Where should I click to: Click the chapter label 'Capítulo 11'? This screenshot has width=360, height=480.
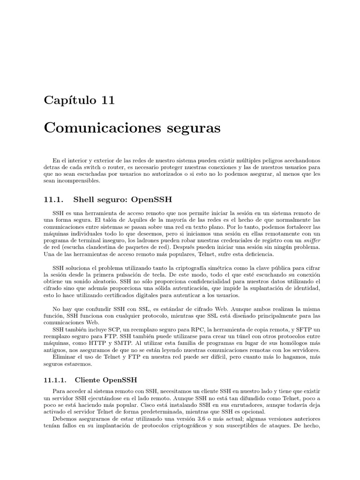79,100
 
